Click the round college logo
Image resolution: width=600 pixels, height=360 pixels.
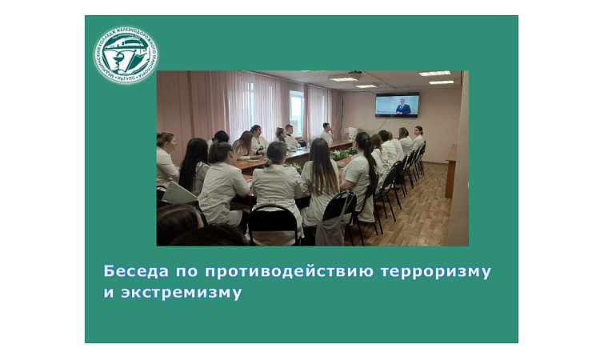126,55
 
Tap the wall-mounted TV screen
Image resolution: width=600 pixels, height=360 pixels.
397,105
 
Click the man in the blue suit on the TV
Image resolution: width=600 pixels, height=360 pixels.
403,106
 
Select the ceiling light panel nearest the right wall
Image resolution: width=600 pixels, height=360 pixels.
441,82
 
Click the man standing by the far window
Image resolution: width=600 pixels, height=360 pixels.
326,133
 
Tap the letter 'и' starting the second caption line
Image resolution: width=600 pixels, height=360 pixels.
108,292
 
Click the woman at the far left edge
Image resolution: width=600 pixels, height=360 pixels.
165,155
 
